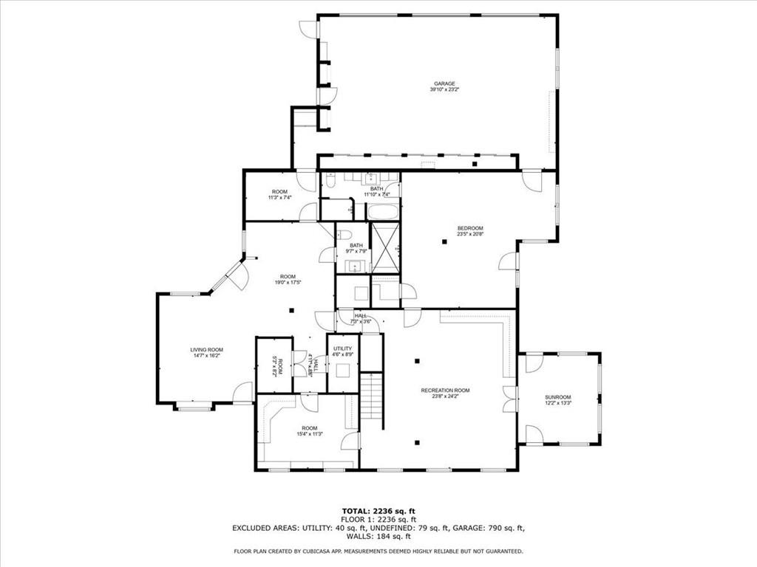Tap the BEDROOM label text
469,228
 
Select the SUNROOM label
558,397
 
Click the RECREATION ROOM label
445,391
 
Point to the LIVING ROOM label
206,350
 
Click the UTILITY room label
342,348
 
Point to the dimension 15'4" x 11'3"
309,434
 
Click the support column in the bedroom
444,241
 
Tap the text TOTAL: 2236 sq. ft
378,511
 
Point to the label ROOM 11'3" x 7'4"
279,194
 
